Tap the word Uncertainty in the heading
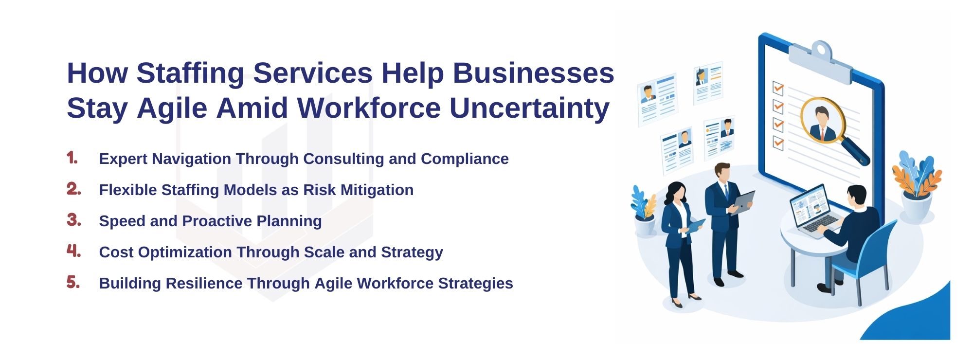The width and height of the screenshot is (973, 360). click(529, 108)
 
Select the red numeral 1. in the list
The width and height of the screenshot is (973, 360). click(72, 158)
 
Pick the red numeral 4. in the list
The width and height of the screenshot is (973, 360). click(73, 251)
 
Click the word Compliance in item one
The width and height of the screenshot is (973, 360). click(465, 159)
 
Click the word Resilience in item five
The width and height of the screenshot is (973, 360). click(204, 284)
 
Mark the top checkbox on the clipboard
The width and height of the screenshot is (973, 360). click(778, 88)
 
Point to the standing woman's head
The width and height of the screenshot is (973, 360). click(676, 192)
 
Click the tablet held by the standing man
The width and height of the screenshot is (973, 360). click(743, 201)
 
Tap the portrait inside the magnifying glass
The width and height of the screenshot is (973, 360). click(822, 121)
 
